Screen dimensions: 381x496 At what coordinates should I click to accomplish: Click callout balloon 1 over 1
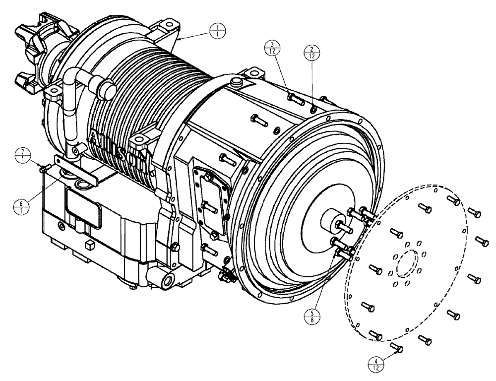coord(217,29)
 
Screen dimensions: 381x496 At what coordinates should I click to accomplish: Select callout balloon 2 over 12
coord(311,52)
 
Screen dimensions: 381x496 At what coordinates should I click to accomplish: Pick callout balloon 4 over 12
coord(378,362)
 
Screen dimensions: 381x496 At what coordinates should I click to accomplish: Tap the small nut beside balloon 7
coord(43,170)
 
